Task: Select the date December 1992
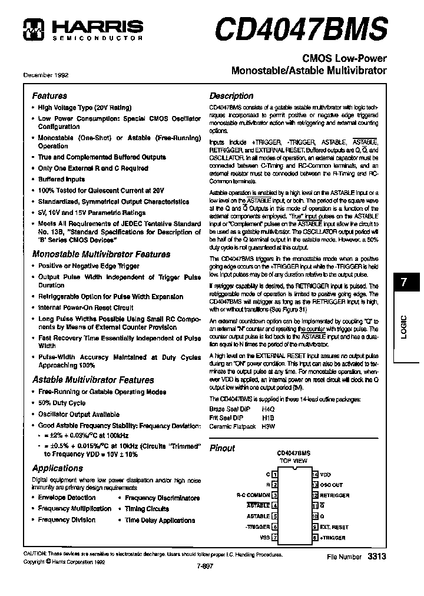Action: tap(45, 75)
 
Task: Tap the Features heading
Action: tap(49, 95)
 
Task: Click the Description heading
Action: tap(231, 95)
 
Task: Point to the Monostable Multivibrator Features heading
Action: tap(101, 254)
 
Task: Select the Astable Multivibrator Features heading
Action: tap(92, 380)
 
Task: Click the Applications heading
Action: tap(57, 468)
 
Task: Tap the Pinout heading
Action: tap(223, 448)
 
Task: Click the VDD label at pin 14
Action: tap(326, 474)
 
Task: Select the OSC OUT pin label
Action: tap(332, 485)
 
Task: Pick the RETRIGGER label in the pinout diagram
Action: tap(334, 495)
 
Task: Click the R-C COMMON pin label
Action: tap(253, 495)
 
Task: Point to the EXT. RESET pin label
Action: tap(334, 527)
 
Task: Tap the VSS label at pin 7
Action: tap(264, 538)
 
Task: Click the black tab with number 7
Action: tap(403, 282)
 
